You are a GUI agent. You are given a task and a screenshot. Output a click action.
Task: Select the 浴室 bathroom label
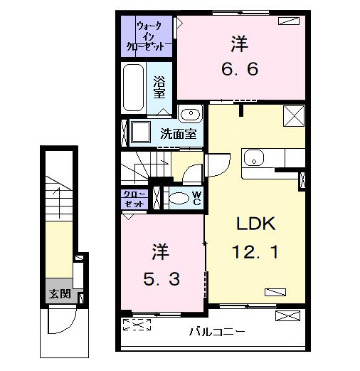[160, 87]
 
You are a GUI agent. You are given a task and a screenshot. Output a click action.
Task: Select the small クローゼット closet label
[134, 199]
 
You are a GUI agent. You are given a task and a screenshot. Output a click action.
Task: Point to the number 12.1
[257, 251]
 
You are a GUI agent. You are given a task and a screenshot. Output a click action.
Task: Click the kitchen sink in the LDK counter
[254, 157]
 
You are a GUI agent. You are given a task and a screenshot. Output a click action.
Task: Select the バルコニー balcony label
[217, 331]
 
